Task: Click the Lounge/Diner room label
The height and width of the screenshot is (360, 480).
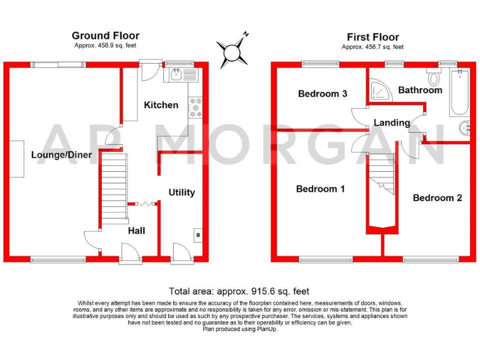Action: pos(61,155)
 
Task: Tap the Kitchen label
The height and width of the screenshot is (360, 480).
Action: pos(161,105)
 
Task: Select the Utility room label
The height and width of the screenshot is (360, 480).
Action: pos(182,192)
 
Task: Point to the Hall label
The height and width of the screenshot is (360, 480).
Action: pos(136,231)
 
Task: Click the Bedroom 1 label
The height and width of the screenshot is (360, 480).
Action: pos(321,189)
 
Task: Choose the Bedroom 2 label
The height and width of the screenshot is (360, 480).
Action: pos(437,197)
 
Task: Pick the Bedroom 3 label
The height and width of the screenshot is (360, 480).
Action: pos(322,94)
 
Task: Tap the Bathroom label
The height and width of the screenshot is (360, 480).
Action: pos(420,90)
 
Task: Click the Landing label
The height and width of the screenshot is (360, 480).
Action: pos(392,122)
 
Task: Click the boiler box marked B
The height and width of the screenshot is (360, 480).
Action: pos(198,235)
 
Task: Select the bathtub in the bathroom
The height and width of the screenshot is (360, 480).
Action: pos(460,92)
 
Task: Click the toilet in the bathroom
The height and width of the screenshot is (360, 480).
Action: pos(433,77)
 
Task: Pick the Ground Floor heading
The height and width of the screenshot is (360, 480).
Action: pos(106,36)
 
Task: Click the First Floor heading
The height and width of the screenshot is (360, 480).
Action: pos(372,37)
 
